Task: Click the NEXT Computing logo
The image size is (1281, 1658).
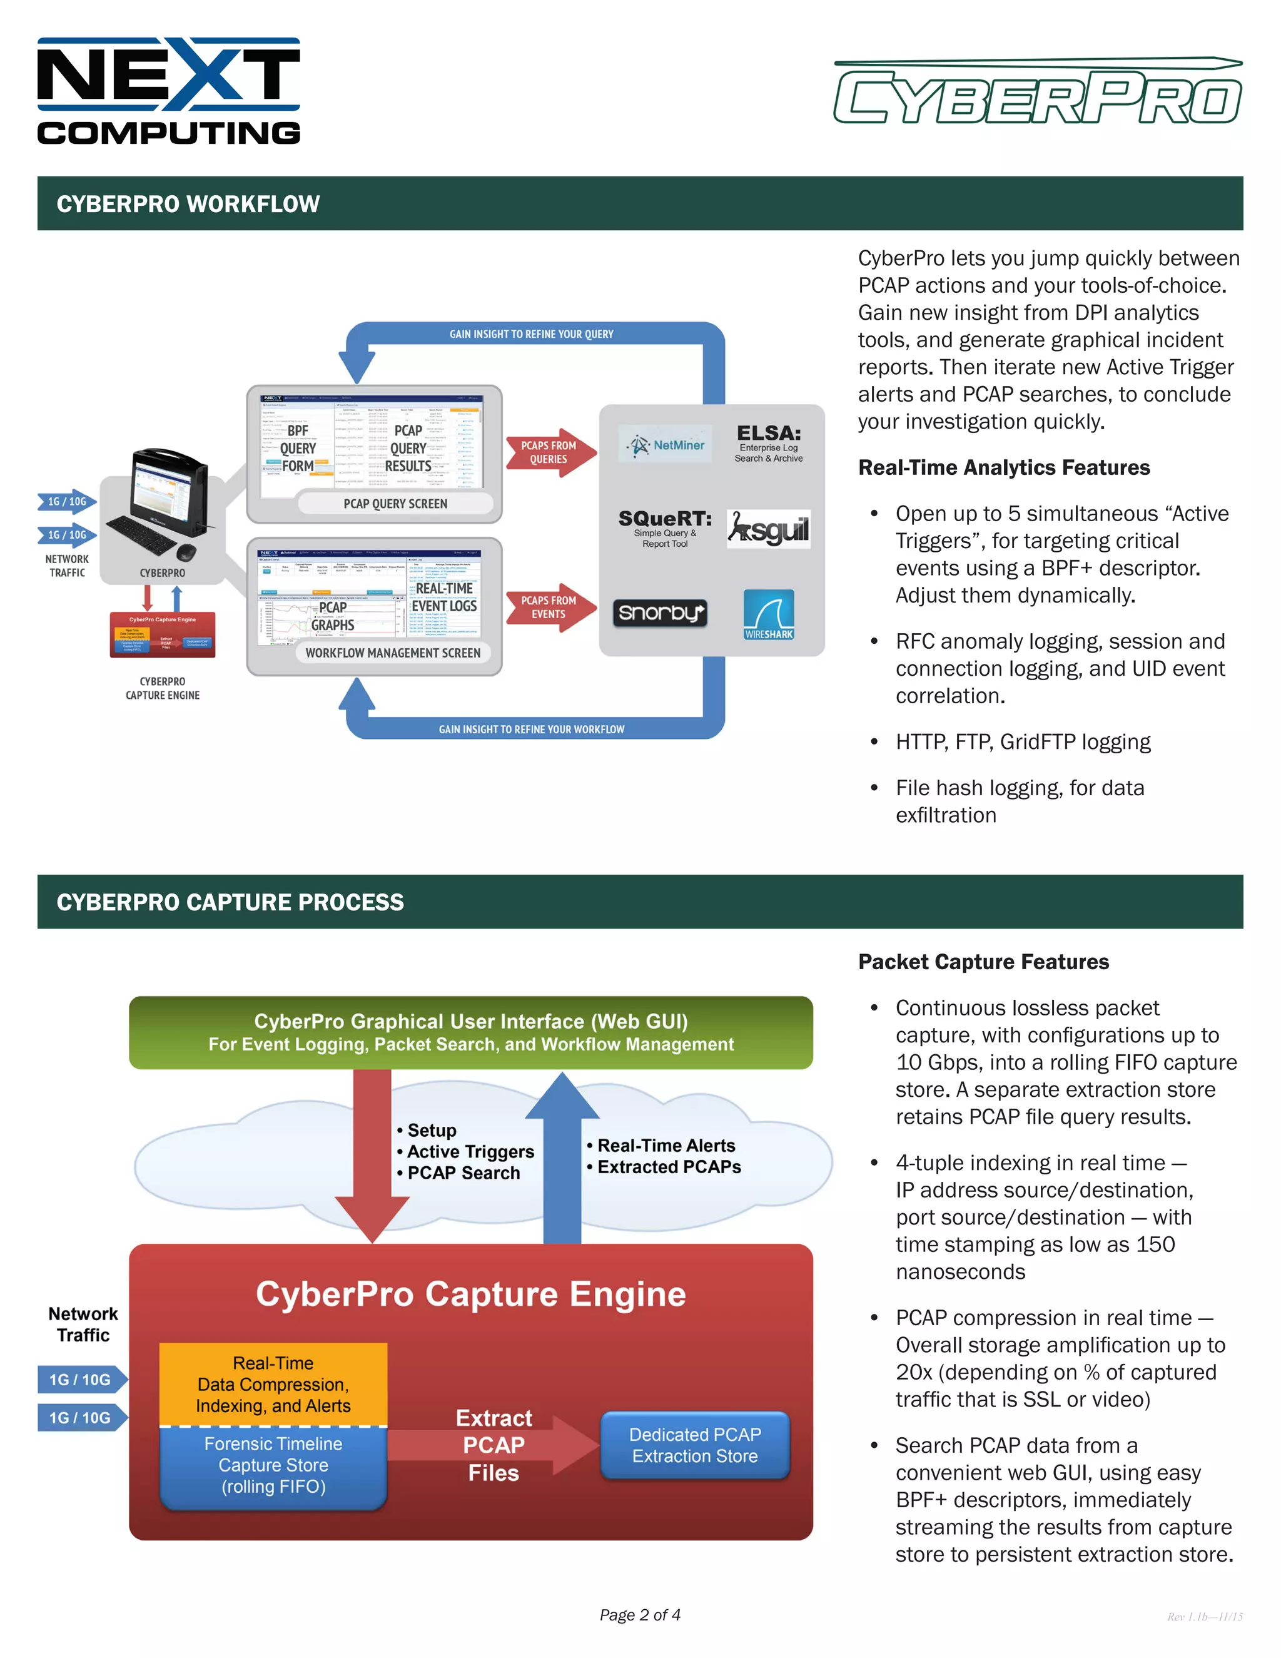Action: tap(168, 91)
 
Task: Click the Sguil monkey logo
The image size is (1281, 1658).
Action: tap(768, 529)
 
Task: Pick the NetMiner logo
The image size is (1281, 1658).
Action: tap(666, 445)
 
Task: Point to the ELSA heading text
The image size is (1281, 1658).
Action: tap(768, 434)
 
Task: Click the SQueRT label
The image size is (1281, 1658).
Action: tap(665, 519)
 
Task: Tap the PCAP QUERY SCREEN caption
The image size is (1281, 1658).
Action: tap(395, 503)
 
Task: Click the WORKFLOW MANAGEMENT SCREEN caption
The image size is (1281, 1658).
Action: tap(392, 653)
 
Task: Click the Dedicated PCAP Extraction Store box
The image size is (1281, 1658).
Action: tap(694, 1445)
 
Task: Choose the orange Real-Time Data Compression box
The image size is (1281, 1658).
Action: tap(273, 1384)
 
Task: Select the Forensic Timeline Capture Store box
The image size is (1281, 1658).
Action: tap(273, 1465)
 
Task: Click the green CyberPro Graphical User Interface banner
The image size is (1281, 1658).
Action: tap(470, 1032)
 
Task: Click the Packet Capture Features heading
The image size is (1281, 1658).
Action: tap(983, 962)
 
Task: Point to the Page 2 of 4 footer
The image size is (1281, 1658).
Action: tap(640, 1615)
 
